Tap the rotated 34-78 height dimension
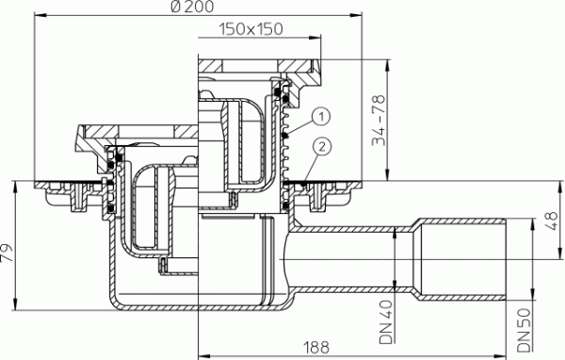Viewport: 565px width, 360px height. (x=377, y=120)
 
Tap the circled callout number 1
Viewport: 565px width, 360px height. (x=320, y=116)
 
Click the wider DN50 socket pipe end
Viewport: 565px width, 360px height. (x=471, y=252)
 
